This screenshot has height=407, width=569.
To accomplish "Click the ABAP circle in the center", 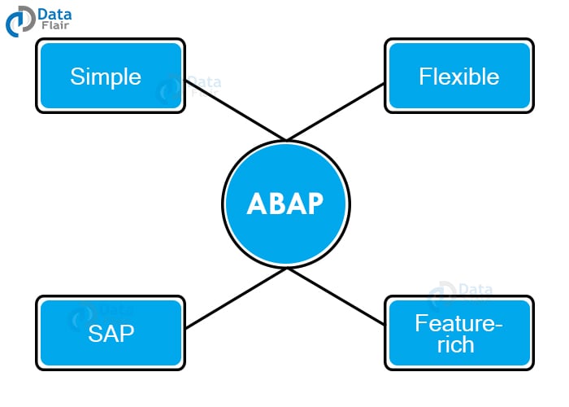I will pos(285,203).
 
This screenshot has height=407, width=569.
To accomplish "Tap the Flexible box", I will pos(459,76).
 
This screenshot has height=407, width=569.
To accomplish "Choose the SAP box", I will pos(111,333).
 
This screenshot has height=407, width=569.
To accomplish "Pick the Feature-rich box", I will pos(459,333).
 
